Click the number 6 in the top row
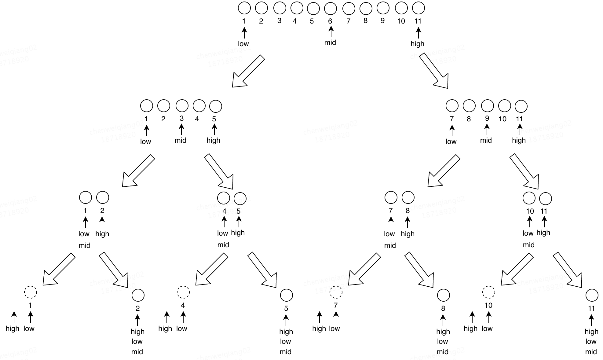pyautogui.click(x=330, y=21)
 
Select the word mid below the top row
pyautogui.click(x=330, y=42)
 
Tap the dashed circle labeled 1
pyautogui.click(x=31, y=292)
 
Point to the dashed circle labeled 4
pyautogui.click(x=183, y=292)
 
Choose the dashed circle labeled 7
pyautogui.click(x=336, y=292)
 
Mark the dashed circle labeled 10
pyautogui.click(x=488, y=292)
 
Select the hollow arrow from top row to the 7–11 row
pyautogui.click(x=434, y=71)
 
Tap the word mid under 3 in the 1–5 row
pyautogui.click(x=181, y=140)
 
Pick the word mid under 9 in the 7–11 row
pyautogui.click(x=486, y=140)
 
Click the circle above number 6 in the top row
pyautogui.click(x=330, y=8)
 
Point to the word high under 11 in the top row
pyautogui.click(x=417, y=44)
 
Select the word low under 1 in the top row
pyautogui.click(x=243, y=44)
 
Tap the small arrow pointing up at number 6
pyautogui.click(x=331, y=32)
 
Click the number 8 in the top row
pyautogui.click(x=365, y=21)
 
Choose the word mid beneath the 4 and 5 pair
pyautogui.click(x=223, y=245)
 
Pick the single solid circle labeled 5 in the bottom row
pyautogui.click(x=286, y=295)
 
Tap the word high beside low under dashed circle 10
pyautogui.click(x=470, y=329)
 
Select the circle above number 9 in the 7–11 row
pyautogui.click(x=487, y=106)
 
